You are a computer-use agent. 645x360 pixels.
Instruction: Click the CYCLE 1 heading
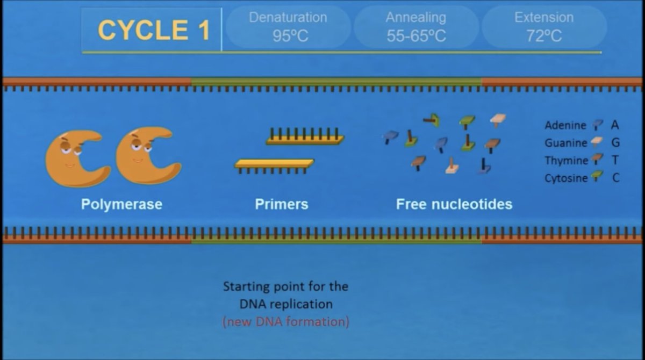coord(153,30)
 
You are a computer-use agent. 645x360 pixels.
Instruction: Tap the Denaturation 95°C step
coord(288,27)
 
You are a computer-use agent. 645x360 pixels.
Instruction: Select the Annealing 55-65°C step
coord(415,27)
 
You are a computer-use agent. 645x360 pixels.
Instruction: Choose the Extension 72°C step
coord(543,27)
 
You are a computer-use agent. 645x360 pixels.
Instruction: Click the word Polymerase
coord(121,204)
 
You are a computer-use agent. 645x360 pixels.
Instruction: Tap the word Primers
coord(282,204)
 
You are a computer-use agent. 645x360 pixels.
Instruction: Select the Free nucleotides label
coord(454,204)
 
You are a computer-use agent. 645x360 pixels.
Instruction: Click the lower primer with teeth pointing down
coord(274,164)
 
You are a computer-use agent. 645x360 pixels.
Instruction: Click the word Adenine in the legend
coord(565,125)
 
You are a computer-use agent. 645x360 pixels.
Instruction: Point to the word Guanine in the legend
coord(565,143)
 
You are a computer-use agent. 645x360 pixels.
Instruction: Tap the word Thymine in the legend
coord(566,161)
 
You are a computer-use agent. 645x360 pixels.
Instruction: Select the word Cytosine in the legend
coord(565,178)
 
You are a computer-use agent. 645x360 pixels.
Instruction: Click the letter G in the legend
coord(615,143)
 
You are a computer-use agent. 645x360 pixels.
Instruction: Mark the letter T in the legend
coord(615,161)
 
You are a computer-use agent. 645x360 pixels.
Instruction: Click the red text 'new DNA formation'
coord(285,322)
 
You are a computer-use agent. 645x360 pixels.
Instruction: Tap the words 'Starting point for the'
coord(285,286)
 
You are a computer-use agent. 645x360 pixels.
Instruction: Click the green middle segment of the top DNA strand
coord(336,81)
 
